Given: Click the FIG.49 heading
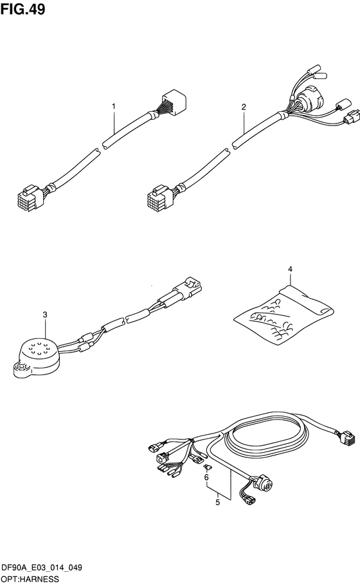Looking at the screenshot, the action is tap(22, 10).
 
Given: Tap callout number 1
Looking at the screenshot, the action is tap(114, 107).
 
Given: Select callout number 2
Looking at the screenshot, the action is tap(244, 107).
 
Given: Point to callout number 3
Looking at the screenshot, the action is tap(45, 315).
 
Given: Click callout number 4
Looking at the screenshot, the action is tap(290, 269).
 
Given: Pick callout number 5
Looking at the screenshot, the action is tap(218, 502).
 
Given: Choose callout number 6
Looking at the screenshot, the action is tap(206, 477).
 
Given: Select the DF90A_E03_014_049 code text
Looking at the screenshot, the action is tap(42, 568).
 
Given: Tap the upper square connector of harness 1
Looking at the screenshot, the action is tap(174, 100).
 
